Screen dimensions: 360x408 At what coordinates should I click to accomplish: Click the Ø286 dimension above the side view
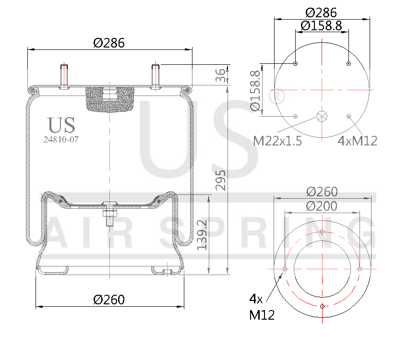pyautogui.click(x=109, y=43)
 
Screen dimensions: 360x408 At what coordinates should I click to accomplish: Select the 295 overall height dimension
pyautogui.click(x=220, y=179)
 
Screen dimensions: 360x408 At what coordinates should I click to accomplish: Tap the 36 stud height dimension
pyautogui.click(x=220, y=75)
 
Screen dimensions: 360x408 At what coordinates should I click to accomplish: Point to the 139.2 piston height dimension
pyautogui.click(x=203, y=234)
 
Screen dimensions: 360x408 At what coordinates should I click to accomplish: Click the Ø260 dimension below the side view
pyautogui.click(x=109, y=300)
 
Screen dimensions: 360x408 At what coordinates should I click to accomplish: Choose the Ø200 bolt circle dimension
pyautogui.click(x=322, y=206)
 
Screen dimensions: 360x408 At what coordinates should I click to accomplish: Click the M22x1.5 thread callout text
pyautogui.click(x=277, y=141)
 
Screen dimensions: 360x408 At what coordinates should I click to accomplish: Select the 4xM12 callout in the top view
pyautogui.click(x=358, y=141)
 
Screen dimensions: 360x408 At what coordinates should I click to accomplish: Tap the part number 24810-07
pyautogui.click(x=61, y=140)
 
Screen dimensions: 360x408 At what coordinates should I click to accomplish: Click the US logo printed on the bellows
pyautogui.click(x=61, y=125)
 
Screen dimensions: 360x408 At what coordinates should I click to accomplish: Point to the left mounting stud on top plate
pyautogui.click(x=63, y=76)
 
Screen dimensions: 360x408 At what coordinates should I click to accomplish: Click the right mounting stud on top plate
pyautogui.click(x=156, y=76)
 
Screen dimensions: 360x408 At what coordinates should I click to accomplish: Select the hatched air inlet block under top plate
pyautogui.click(x=109, y=98)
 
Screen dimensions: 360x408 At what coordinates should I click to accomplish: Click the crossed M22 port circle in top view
pyautogui.click(x=322, y=116)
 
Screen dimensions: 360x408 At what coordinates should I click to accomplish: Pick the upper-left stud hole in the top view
pyautogui.click(x=295, y=64)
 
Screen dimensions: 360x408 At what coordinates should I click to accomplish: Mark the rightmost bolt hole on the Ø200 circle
pyautogui.click(x=360, y=269)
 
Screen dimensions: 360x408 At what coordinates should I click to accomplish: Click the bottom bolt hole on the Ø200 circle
pyautogui.click(x=322, y=306)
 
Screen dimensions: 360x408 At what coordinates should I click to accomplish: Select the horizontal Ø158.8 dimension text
pyautogui.click(x=322, y=26)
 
